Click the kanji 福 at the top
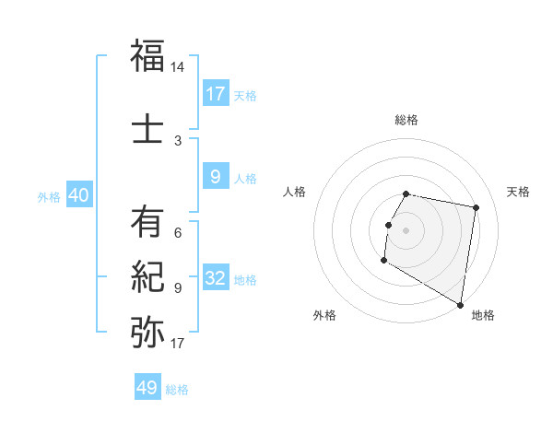click(x=147, y=56)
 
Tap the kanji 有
click(x=147, y=221)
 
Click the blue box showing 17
click(x=216, y=94)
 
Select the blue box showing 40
click(x=78, y=195)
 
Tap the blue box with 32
click(x=216, y=278)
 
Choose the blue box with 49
click(x=147, y=388)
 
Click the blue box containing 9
click(x=216, y=177)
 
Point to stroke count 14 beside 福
click(x=178, y=68)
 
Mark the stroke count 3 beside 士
click(x=178, y=141)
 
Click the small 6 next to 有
click(x=178, y=232)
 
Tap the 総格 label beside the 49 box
click(x=177, y=390)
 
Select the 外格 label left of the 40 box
click(x=50, y=197)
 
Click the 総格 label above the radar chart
click(x=406, y=120)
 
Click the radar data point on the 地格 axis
click(x=461, y=305)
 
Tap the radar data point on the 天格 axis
click(x=476, y=208)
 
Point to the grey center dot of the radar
click(x=406, y=230)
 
